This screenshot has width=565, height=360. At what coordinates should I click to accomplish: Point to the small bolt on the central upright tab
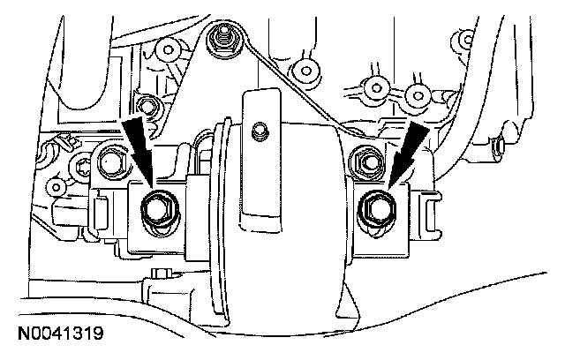tap(258, 132)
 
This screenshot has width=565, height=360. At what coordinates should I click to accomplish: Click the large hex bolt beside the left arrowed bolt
tap(113, 161)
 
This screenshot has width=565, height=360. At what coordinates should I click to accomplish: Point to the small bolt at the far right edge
tap(501, 144)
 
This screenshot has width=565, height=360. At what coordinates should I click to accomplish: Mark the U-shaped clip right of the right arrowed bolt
tap(432, 212)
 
